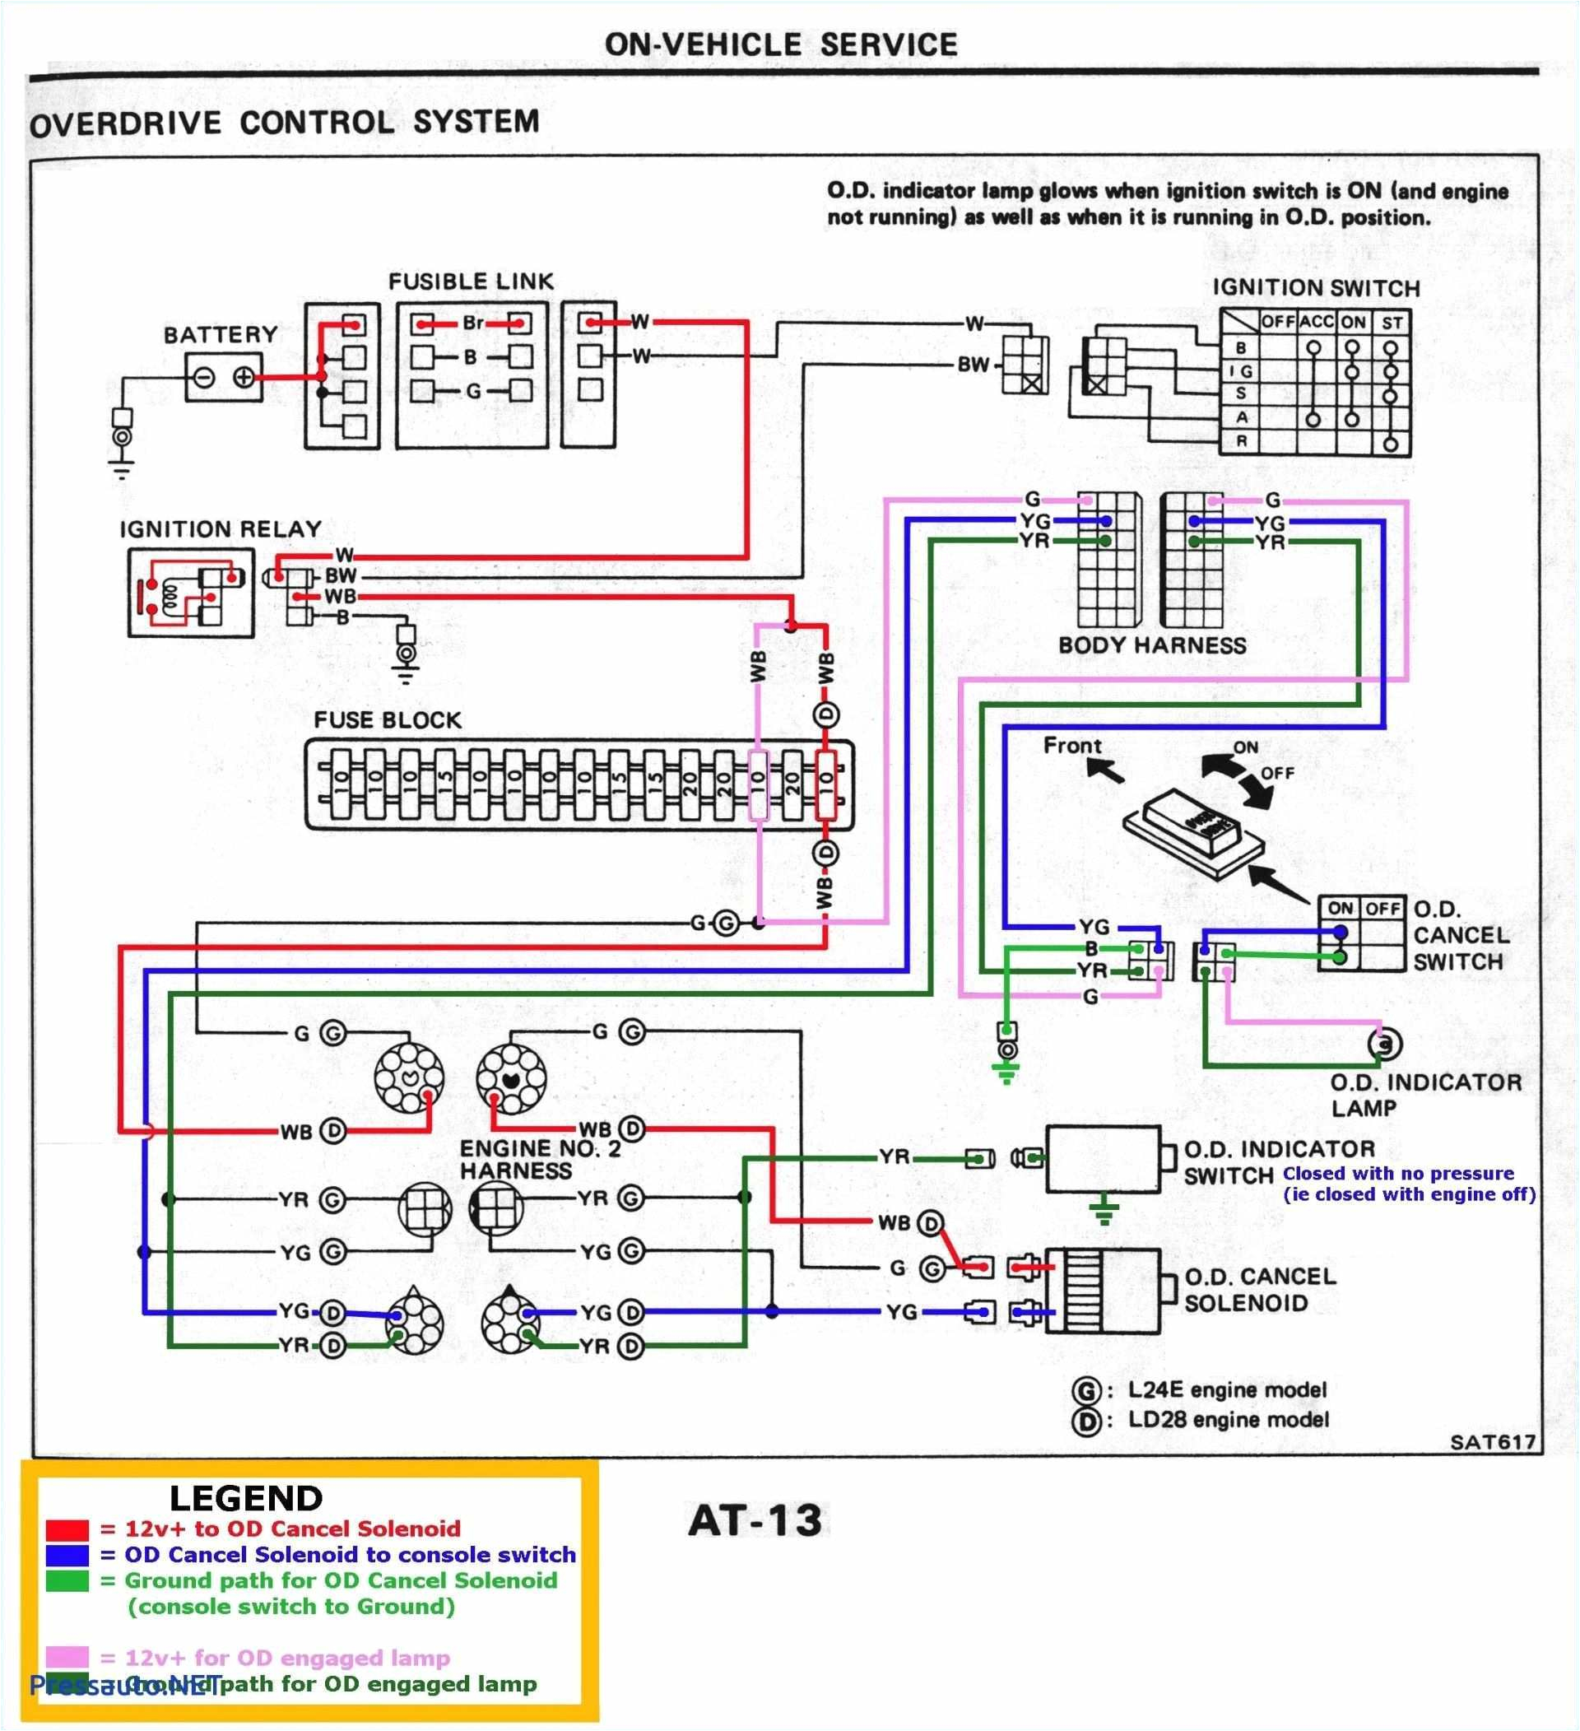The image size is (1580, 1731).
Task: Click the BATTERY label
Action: pos(221,334)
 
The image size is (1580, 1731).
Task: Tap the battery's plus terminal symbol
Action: pos(244,378)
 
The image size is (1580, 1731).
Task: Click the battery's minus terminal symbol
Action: pos(204,378)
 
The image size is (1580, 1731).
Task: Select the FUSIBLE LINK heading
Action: pos(471,282)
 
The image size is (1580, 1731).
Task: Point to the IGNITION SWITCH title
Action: pos(1315,288)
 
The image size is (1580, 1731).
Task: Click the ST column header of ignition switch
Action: pos(1392,323)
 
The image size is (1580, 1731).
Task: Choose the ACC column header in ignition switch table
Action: pos(1316,322)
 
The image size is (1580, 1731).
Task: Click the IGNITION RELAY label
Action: pos(221,529)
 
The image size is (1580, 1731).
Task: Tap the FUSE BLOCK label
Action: pos(387,719)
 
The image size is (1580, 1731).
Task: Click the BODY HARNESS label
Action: pos(1152,645)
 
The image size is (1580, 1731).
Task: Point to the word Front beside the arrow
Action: pos(1072,745)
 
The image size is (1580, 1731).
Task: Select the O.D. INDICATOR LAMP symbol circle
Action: pos(1383,1044)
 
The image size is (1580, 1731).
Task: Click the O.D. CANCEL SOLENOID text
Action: pos(1260,1290)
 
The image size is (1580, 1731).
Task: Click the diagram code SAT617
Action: pos(1493,1442)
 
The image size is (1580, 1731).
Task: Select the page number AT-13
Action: pos(755,1520)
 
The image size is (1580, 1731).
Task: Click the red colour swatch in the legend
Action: pos(67,1529)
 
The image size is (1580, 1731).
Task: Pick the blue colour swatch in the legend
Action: pos(67,1555)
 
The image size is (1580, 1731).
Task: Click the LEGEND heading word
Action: pos(245,1498)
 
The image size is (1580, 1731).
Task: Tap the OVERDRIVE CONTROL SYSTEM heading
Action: pos(284,123)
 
